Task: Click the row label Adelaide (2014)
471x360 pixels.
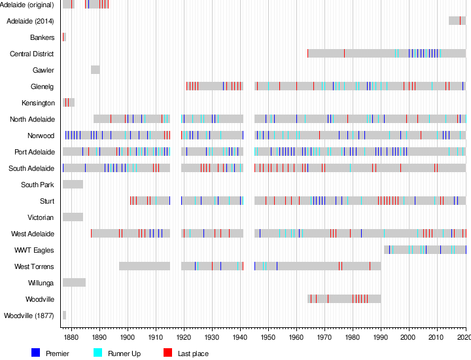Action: click(30, 21)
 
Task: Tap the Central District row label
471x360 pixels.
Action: click(31, 54)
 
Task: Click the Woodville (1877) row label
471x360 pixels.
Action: click(29, 315)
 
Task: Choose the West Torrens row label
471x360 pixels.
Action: click(34, 266)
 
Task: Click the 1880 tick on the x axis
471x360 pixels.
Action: click(71, 336)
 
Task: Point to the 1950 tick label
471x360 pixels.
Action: click(268, 336)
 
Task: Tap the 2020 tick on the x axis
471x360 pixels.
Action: click(464, 336)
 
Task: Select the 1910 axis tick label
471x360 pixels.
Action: click(156, 336)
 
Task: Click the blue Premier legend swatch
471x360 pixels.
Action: click(36, 353)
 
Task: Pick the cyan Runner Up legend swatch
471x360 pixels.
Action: click(98, 353)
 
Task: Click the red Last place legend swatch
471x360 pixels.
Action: click(167, 353)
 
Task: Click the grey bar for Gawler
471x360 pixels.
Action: click(96, 70)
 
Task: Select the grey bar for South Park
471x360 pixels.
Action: click(73, 185)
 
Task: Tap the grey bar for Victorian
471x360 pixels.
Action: click(73, 217)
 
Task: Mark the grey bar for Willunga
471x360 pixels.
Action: click(74, 283)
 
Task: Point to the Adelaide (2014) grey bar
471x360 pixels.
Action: click(457, 21)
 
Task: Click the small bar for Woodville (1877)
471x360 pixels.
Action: click(64, 315)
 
